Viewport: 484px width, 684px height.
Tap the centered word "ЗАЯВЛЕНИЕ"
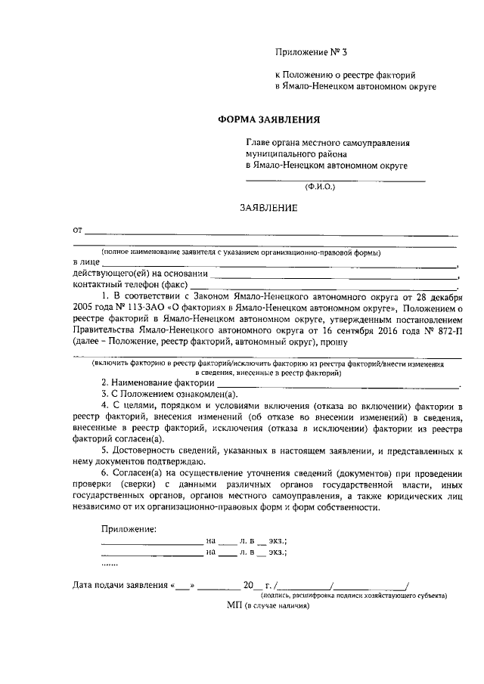(268, 208)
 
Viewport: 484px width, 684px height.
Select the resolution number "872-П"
(447, 330)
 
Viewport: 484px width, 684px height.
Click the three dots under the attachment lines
(110, 564)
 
